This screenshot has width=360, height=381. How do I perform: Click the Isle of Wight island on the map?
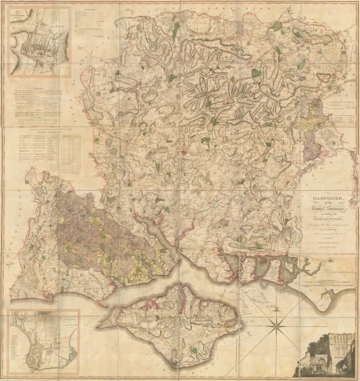pos(174,318)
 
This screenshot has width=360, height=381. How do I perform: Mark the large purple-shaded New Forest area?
pos(90,222)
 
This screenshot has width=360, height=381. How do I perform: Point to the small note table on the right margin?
pos(344,114)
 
